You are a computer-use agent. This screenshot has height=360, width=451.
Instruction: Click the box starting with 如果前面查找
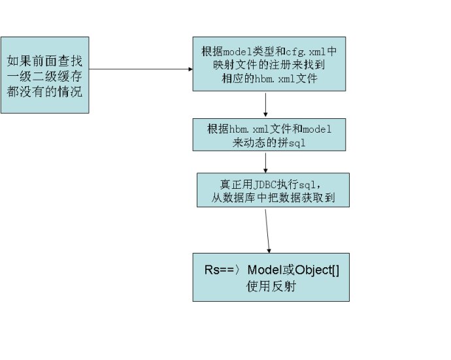44,76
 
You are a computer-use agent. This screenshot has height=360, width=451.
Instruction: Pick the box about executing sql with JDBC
273,189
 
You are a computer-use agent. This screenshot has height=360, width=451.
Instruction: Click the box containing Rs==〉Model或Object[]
271,277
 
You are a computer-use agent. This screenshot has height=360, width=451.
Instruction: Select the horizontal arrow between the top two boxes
141,67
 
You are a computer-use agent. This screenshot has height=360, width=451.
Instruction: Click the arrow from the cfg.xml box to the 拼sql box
267,105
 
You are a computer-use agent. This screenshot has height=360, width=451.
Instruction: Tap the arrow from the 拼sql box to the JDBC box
265,163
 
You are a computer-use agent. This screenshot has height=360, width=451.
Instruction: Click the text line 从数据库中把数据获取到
273,197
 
